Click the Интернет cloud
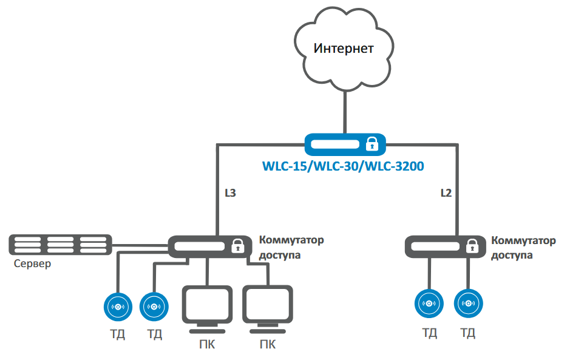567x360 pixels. click(x=343, y=49)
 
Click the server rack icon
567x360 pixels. click(x=60, y=245)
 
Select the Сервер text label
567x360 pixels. click(x=33, y=264)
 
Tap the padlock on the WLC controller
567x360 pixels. click(x=372, y=144)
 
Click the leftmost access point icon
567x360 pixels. click(x=118, y=307)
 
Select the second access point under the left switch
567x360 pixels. click(x=154, y=307)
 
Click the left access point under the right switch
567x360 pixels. click(x=429, y=304)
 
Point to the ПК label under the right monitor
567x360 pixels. click(x=268, y=345)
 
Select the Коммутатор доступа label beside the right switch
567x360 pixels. click(x=523, y=248)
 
